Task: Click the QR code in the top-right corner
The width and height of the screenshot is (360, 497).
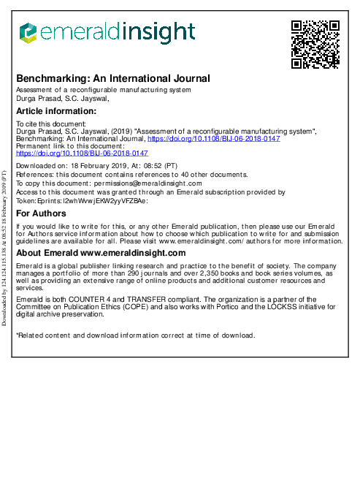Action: (315, 44)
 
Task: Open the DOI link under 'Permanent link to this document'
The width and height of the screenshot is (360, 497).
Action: (82, 153)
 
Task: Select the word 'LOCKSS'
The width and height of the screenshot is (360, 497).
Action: (274, 307)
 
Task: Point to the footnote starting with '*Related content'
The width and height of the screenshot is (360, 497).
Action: (135, 335)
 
